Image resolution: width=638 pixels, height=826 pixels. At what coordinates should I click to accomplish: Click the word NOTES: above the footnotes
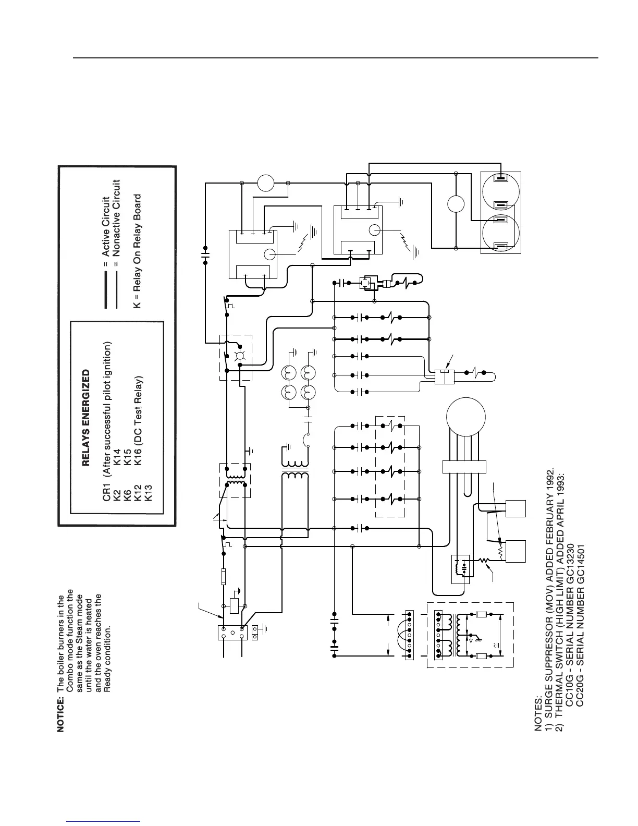tap(538, 718)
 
